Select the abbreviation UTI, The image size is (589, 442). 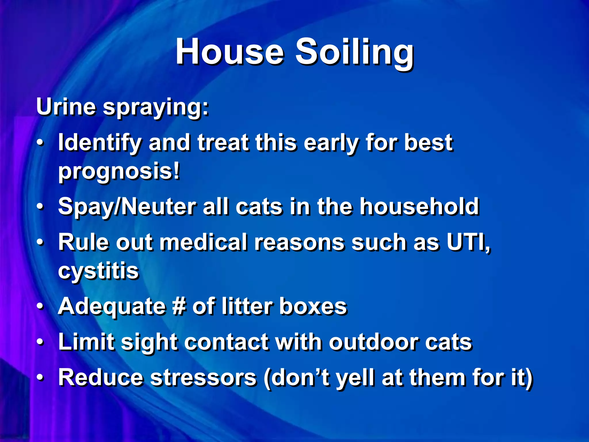coord(468,242)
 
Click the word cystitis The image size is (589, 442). coord(98,271)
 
